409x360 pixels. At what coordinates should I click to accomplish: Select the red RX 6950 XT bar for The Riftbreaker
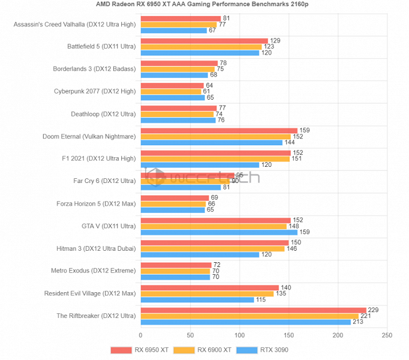(x=253, y=310)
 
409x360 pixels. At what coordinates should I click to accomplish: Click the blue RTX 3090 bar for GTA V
(x=219, y=232)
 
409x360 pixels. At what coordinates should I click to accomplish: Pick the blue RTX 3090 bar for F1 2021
(x=200, y=165)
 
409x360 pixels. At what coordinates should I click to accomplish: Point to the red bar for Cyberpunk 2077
(x=172, y=85)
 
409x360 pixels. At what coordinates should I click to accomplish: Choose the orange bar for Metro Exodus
(x=175, y=271)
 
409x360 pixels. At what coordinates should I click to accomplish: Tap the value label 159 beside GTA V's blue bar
(x=305, y=232)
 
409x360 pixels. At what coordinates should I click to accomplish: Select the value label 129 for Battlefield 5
(x=275, y=40)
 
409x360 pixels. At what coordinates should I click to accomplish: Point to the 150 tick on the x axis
(x=288, y=335)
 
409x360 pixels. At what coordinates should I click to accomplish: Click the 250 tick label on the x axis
(x=387, y=335)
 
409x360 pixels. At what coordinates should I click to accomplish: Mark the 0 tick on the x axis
(x=141, y=335)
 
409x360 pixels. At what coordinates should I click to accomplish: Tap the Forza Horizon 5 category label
(x=96, y=203)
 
